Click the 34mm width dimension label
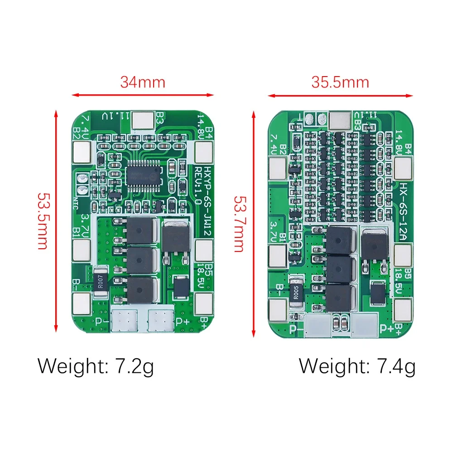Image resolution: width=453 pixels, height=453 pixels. (x=143, y=82)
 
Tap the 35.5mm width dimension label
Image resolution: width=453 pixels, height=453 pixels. (x=340, y=82)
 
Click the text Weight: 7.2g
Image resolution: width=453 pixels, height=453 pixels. (x=96, y=366)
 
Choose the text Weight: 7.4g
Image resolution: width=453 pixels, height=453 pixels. (x=357, y=366)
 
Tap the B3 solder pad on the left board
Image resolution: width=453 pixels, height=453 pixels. (x=144, y=120)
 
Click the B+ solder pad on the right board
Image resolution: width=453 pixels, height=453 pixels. (x=402, y=312)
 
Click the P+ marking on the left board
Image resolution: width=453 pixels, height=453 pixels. (x=183, y=321)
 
